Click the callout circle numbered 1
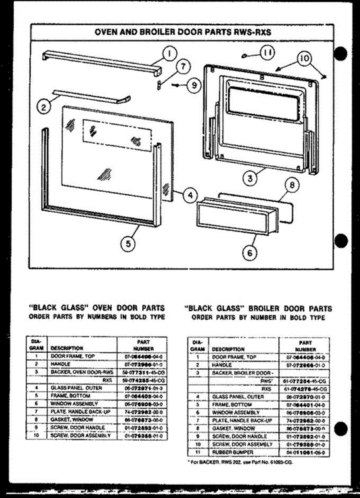pyautogui.click(x=169, y=53)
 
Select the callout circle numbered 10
pyautogui.click(x=304, y=59)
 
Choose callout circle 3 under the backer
pyautogui.click(x=251, y=179)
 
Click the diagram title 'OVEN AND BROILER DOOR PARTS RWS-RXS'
pyautogui.click(x=183, y=32)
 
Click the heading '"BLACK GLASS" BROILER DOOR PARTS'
pyautogui.click(x=257, y=309)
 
